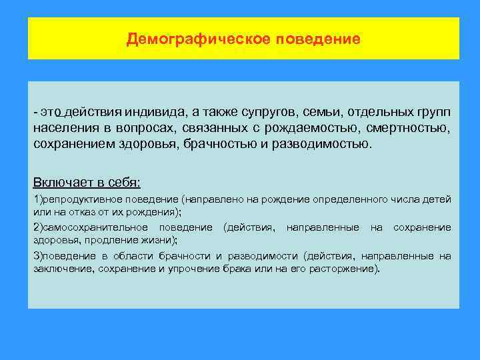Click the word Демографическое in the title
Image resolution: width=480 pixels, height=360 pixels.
point(197,39)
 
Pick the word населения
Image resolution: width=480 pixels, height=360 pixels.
point(65,127)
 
